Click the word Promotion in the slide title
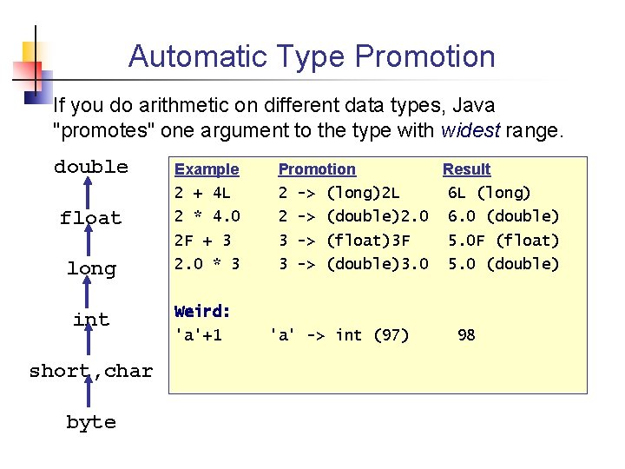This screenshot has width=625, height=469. coord(424,57)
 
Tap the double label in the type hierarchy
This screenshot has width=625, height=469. coord(91,167)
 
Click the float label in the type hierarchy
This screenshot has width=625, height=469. coord(91,218)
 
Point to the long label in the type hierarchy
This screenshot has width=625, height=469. coord(91,269)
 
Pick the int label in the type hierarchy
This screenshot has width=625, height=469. coord(91,320)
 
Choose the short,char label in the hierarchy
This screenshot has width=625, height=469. coord(91,371)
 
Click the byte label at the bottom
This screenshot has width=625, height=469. coord(91,422)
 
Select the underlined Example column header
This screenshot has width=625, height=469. coord(207,169)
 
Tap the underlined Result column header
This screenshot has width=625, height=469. coord(466,169)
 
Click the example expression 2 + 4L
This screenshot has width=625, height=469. coord(202,193)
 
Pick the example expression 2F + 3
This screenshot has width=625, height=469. coord(202,240)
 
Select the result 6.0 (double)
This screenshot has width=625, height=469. coord(503,216)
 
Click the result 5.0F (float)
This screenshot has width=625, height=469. coord(503,240)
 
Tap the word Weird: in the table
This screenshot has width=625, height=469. coord(202,311)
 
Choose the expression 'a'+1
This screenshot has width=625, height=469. coord(199,334)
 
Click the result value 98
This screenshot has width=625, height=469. coord(466,334)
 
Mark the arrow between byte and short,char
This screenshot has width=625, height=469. coord(91,397)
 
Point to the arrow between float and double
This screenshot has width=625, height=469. coord(91,193)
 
